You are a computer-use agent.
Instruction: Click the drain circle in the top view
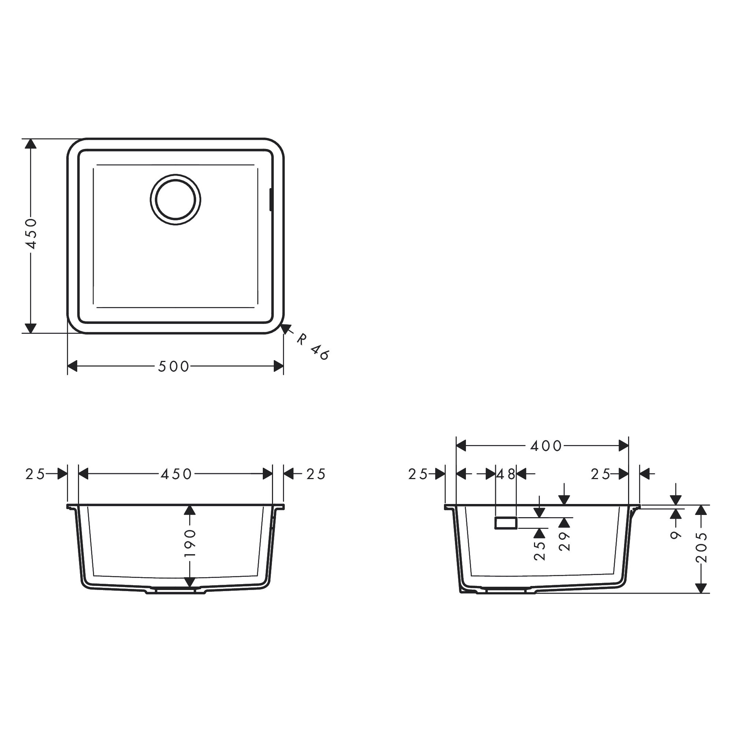(175, 200)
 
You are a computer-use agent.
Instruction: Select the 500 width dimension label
(173, 366)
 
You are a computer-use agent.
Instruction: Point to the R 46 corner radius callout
(313, 347)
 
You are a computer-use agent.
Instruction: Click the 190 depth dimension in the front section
(190, 543)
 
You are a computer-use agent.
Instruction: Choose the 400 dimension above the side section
(546, 446)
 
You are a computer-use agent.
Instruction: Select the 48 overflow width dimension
(506, 474)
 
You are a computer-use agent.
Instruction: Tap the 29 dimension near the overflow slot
(564, 541)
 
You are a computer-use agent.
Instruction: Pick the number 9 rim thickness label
(676, 535)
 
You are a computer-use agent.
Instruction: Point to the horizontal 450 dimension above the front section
(176, 474)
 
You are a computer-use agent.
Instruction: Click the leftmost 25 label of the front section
(35, 474)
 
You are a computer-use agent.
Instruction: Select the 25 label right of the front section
(316, 474)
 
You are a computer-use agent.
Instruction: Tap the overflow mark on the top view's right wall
(270, 200)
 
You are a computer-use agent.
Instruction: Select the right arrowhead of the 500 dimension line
(279, 366)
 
